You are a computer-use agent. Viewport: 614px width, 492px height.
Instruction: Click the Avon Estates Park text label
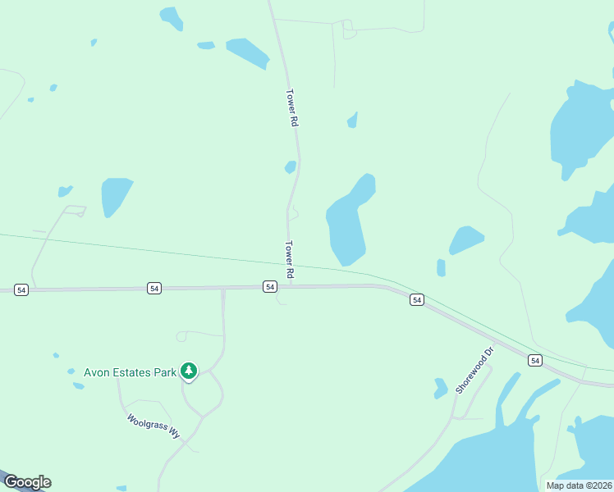tap(131, 372)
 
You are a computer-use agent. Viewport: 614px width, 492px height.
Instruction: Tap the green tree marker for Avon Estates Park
tap(190, 371)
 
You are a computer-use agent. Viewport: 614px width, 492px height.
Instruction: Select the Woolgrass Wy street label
tap(153, 426)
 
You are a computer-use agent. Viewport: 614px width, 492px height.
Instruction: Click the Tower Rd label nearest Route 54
tap(289, 258)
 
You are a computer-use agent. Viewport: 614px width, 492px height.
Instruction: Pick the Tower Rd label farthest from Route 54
tap(291, 107)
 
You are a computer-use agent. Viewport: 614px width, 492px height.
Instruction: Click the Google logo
tap(26, 482)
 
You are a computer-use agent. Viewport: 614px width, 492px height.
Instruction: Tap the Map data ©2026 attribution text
tap(580, 485)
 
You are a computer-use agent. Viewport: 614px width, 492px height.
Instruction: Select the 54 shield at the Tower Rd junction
tap(270, 286)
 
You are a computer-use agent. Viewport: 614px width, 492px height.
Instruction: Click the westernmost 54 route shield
tap(21, 289)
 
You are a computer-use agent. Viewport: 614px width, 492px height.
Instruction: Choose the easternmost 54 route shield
tap(535, 360)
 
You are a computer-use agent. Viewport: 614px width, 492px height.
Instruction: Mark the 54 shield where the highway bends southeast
tap(417, 300)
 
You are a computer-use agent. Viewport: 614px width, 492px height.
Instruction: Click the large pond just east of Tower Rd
tap(347, 225)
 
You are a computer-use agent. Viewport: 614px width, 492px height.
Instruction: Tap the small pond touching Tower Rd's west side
tap(290, 167)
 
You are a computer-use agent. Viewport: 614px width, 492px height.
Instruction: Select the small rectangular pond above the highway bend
tap(441, 267)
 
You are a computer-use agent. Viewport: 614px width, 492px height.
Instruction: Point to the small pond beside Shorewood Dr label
tap(441, 387)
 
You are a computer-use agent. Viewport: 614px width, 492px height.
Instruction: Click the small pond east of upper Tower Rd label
tap(353, 121)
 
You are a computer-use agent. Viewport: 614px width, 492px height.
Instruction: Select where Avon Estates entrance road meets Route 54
tap(223, 288)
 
